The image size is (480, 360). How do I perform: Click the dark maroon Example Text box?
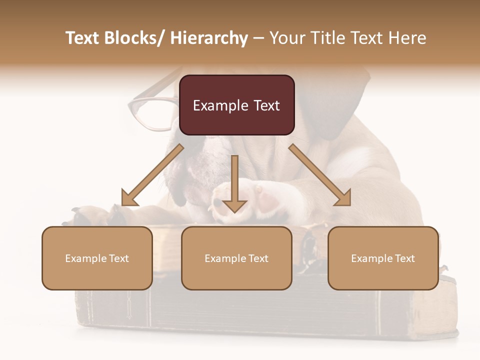236,105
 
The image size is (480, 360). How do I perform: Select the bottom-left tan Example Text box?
97,258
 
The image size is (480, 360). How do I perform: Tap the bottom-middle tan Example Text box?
236,258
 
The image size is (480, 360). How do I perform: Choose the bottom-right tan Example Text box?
383,258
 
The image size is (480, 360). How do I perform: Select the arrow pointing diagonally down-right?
320,175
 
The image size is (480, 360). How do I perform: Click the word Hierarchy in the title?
209,38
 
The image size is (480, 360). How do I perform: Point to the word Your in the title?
288,38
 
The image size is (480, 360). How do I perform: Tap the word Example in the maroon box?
215,105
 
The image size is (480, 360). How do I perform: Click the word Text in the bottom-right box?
404,258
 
